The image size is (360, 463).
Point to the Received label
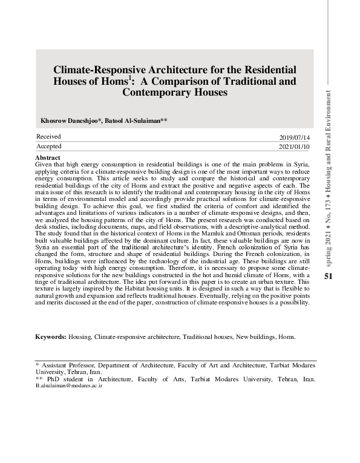tap(48, 137)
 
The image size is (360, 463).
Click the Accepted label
tap(49, 146)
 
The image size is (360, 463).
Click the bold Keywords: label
tap(50, 337)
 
